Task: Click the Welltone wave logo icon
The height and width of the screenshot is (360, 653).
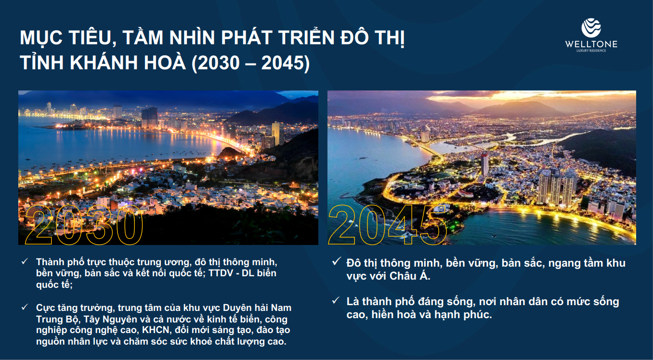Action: [x=591, y=27]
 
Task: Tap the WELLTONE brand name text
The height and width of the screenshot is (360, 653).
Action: [x=591, y=44]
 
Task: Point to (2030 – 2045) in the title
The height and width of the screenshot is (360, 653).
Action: [x=251, y=63]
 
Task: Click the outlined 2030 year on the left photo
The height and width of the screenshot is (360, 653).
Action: [x=84, y=224]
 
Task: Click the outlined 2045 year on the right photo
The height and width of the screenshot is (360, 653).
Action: [x=388, y=224]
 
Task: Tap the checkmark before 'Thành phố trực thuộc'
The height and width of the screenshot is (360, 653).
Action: [x=25, y=261]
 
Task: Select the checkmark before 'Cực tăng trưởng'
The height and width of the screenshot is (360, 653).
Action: [x=25, y=307]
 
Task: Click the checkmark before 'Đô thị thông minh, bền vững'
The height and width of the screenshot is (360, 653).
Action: [x=337, y=261]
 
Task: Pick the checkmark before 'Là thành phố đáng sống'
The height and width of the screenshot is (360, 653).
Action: [x=336, y=300]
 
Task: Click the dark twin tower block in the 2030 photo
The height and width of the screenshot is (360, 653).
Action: [x=149, y=117]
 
